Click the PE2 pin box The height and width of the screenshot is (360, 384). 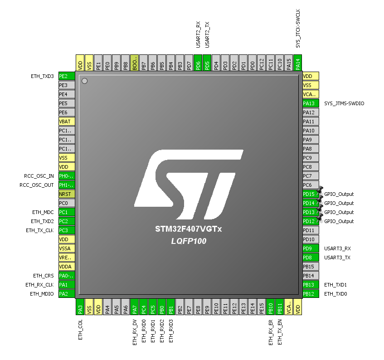coord(66,76)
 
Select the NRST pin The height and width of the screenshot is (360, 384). coord(66,194)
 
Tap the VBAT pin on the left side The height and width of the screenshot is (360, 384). coord(66,122)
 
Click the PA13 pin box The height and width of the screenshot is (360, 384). coord(311,103)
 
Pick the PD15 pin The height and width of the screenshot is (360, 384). coord(311,194)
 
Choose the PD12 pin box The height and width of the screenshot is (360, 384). coord(311,221)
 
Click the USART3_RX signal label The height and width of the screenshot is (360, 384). coord(337,248)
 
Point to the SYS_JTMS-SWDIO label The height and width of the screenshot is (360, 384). coord(344,103)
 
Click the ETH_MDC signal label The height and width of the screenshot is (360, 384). coord(43,212)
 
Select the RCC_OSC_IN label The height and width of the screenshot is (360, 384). coord(39,176)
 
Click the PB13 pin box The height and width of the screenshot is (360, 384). coord(311,285)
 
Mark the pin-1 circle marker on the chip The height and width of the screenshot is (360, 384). coord(84,81)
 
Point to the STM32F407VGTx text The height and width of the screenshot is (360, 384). coord(189,229)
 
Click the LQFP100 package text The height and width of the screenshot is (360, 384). coord(189,241)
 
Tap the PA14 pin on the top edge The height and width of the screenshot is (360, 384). coord(298,63)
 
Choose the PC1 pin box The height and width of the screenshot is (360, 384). coord(66,212)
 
